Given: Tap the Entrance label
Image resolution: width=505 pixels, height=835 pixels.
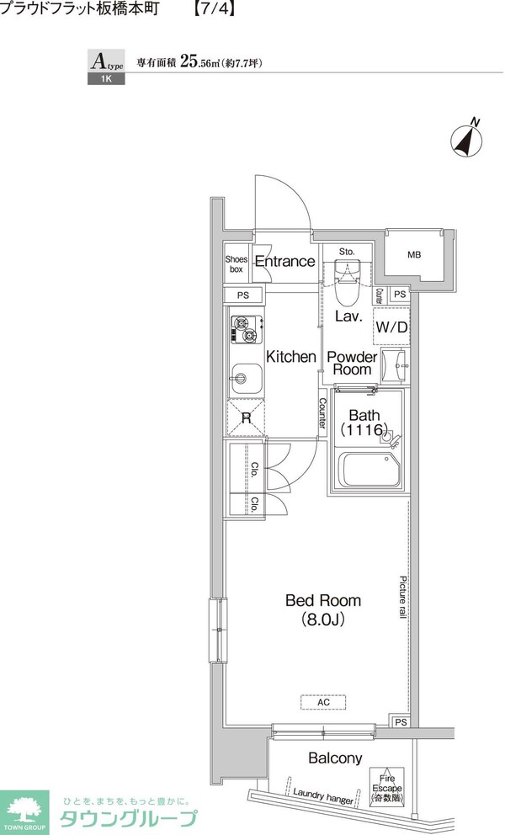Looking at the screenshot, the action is tap(285, 262).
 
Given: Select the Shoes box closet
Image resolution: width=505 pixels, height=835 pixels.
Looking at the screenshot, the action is tap(237, 264).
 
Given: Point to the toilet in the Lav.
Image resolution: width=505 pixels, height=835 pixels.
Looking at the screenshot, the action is tap(348, 282).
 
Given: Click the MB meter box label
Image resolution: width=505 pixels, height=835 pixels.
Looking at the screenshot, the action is tap(414, 255).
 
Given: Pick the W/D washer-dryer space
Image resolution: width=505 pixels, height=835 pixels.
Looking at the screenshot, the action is tap(391, 327).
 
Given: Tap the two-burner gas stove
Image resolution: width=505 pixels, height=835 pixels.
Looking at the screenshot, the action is tap(247, 329).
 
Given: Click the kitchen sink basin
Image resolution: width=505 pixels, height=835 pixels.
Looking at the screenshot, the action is tap(246, 379).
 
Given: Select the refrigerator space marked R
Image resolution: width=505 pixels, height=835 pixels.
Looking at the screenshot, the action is tap(246, 417).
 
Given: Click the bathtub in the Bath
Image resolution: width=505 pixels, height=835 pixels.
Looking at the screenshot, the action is tap(369, 470).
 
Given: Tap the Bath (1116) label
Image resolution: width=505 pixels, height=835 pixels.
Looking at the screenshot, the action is tap(364, 422).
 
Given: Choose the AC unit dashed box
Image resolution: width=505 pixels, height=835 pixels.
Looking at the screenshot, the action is tap(323, 702).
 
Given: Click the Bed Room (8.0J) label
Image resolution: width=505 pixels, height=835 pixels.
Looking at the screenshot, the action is tap(323, 609).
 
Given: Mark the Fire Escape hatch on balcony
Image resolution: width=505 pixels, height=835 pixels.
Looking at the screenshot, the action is tap(387, 789).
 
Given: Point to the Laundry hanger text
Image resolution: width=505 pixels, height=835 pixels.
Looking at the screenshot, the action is tap(323, 795).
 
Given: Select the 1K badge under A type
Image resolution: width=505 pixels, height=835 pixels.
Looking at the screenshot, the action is tap(106, 79).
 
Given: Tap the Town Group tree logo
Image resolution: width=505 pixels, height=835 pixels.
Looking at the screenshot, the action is tap(24, 812).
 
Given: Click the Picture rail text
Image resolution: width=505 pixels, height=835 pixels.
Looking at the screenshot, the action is tap(403, 597).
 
